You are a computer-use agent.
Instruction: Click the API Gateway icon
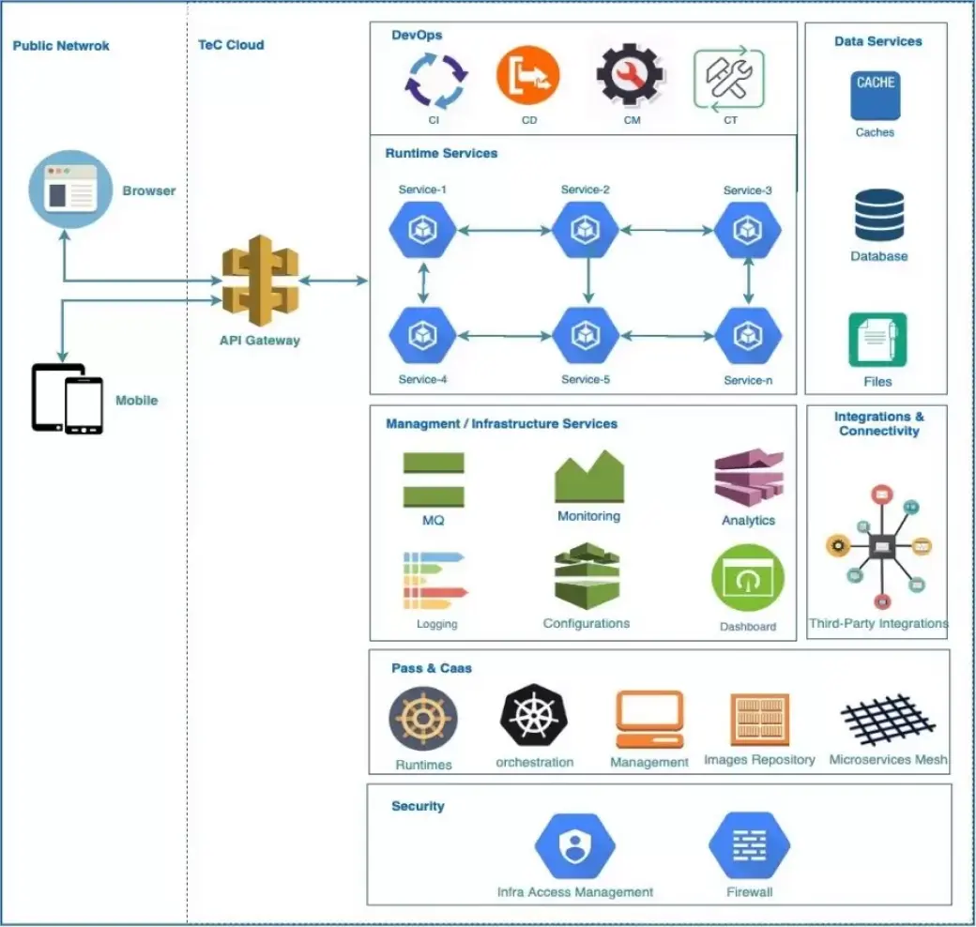(x=260, y=281)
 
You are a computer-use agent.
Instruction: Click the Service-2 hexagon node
(x=586, y=229)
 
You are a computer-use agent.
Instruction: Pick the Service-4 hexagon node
(x=422, y=335)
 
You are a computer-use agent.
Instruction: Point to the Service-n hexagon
(x=748, y=335)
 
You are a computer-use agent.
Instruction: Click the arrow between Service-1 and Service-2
(x=504, y=229)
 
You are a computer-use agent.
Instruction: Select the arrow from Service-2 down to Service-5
(x=587, y=281)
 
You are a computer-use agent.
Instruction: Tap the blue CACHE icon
(x=875, y=95)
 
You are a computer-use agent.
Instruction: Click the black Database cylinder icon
(x=879, y=216)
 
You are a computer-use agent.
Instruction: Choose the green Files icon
(x=877, y=340)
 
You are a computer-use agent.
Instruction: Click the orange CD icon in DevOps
(x=528, y=78)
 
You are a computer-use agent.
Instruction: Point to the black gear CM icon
(x=631, y=77)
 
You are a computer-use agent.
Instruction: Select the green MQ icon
(x=434, y=479)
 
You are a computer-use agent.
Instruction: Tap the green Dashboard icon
(x=748, y=579)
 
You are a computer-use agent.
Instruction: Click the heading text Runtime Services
(x=441, y=153)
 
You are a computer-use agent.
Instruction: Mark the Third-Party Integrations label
(x=878, y=623)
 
